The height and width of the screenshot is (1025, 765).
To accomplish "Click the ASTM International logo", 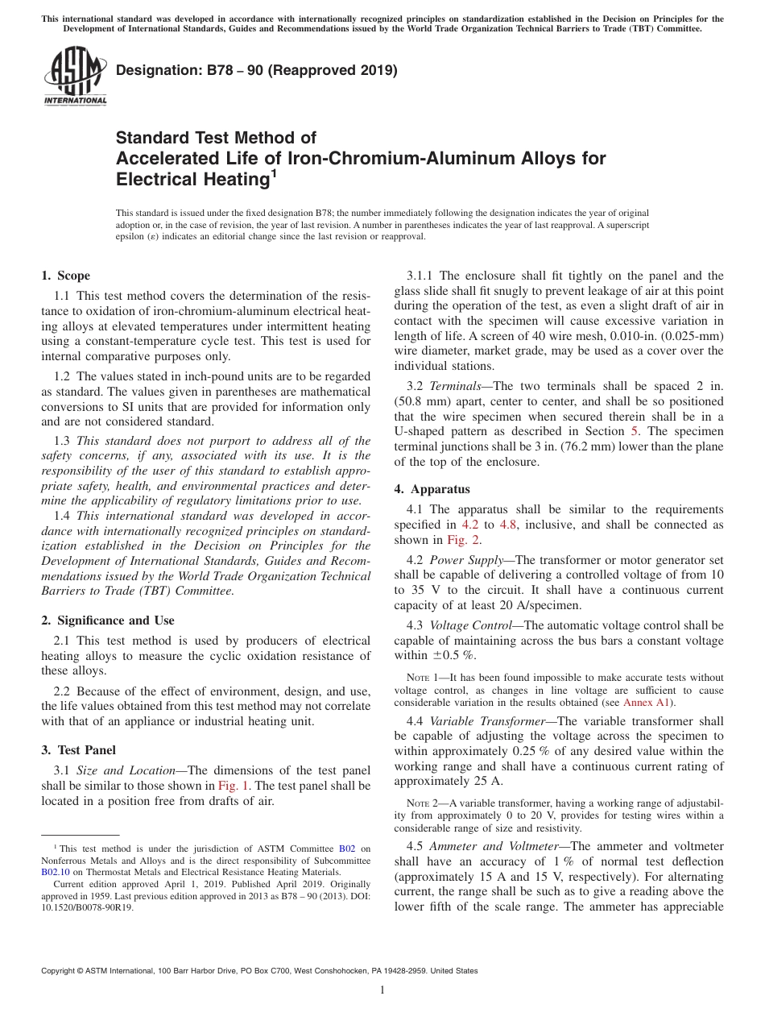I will coord(74,77).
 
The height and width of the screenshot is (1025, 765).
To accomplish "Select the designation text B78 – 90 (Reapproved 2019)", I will coord(257,70).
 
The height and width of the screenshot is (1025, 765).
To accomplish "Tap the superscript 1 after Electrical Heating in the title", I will coord(275,172).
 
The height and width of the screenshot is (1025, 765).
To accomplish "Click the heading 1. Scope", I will coord(66,276).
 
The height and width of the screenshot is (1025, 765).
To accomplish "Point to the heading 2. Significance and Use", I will coord(108,620).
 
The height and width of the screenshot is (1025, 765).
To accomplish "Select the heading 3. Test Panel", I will coord(78,749).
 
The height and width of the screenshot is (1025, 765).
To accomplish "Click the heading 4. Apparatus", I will coord(432,489).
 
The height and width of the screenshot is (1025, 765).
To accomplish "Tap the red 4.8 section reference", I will coord(509,525).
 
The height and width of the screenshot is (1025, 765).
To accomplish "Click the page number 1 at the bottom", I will coord(382,990).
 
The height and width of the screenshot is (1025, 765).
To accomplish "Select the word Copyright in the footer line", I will coord(60,971).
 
